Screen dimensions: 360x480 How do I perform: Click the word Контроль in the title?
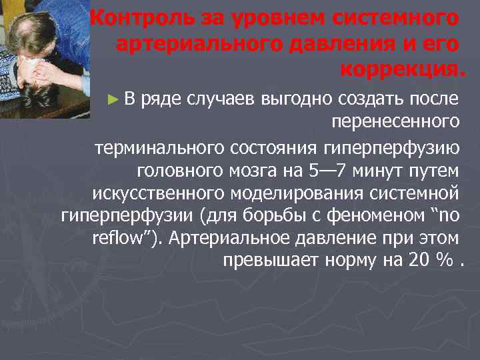point(137,17)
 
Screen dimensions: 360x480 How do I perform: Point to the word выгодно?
point(297,99)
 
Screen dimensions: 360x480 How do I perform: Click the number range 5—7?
point(327,170)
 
